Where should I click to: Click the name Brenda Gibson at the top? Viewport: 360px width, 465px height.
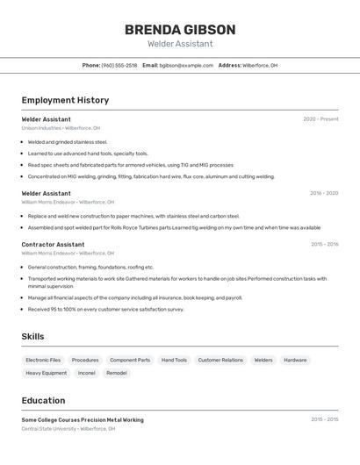180,29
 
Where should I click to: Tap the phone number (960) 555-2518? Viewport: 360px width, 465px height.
119,65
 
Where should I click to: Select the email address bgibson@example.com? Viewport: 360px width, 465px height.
186,65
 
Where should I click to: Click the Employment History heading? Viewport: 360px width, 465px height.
65,100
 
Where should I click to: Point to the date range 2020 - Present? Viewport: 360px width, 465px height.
320,119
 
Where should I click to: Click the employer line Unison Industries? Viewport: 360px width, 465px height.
61,128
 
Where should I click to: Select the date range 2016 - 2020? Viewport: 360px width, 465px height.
324,193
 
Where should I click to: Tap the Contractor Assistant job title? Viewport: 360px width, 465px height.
53,245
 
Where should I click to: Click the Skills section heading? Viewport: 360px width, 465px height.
33,336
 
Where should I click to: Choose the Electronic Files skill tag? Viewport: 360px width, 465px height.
43,360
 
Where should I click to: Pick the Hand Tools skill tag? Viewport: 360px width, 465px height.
174,360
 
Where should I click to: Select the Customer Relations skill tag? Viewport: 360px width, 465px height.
220,360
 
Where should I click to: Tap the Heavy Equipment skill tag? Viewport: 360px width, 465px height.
46,373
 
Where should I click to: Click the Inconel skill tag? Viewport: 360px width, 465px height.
86,373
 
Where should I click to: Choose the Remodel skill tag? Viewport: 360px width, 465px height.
117,373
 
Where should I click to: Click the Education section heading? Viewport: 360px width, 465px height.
43,400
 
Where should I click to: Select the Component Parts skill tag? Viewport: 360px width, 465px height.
130,360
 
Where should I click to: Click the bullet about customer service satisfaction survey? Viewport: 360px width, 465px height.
105,309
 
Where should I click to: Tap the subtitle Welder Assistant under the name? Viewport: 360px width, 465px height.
180,43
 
